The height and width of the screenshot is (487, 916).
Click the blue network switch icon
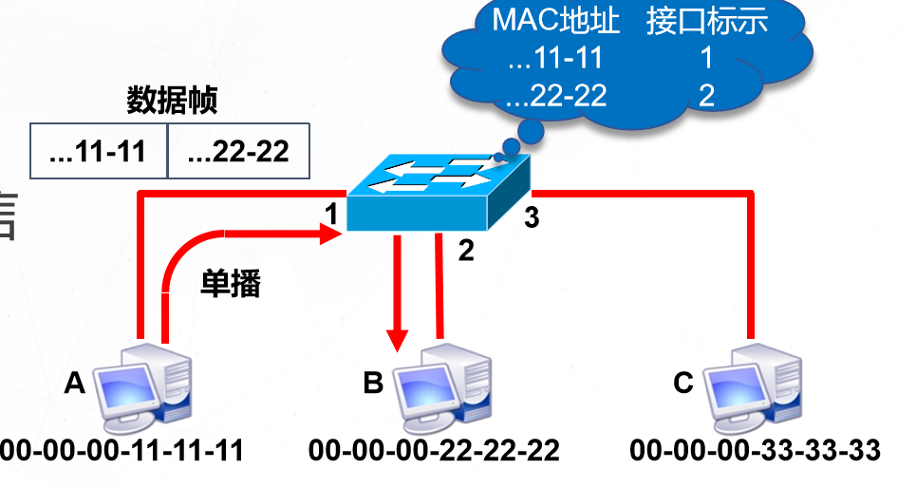click(436, 194)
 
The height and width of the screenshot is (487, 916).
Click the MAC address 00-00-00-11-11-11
click(122, 450)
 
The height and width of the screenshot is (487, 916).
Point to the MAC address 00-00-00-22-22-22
click(434, 450)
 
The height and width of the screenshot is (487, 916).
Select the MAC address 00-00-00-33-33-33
click(755, 450)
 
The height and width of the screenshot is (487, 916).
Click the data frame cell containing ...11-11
click(98, 151)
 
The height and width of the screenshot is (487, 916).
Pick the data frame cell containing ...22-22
click(238, 151)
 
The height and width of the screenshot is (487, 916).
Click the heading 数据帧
click(172, 100)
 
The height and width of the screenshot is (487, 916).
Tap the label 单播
click(230, 283)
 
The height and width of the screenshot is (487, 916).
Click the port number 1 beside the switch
click(331, 215)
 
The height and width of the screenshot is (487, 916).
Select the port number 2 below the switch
click(465, 251)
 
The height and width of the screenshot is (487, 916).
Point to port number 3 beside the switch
click(532, 217)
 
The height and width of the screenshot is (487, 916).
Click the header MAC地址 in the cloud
click(556, 23)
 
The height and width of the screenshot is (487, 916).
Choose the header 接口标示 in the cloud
click(706, 23)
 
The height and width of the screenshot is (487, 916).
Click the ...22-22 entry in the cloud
click(556, 95)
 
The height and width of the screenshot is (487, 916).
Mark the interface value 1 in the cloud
click(705, 59)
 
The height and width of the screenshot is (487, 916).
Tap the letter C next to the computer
click(683, 383)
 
